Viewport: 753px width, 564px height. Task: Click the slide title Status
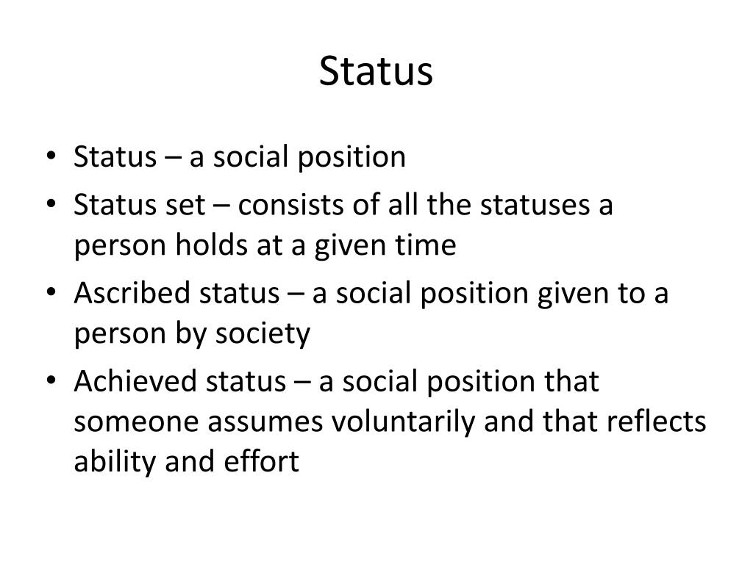[376, 72]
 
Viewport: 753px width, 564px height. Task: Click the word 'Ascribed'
[124, 294]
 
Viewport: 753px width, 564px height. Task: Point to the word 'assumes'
[257, 422]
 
